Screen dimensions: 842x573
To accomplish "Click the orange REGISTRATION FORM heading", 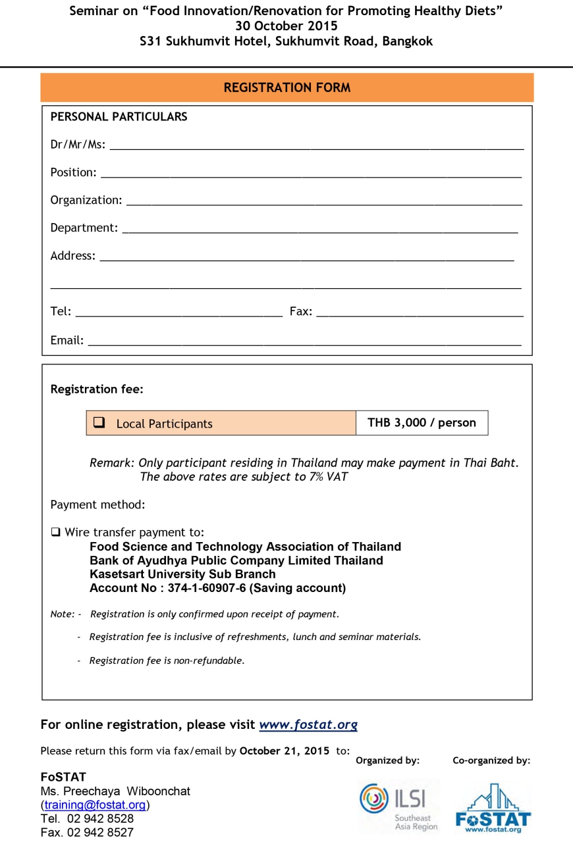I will [287, 87].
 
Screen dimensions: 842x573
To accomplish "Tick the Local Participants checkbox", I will [99, 423].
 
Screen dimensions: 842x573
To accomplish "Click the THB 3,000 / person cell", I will [422, 422].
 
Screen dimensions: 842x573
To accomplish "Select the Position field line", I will [311, 175].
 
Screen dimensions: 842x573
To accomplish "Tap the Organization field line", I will [324, 203].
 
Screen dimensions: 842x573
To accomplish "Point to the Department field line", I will [320, 230].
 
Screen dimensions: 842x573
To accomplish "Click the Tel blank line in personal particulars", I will [178, 314].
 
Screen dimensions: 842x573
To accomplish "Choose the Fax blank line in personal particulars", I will [420, 314].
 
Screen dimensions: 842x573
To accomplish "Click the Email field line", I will [304, 343].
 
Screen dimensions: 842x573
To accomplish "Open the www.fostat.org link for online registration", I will [308, 725].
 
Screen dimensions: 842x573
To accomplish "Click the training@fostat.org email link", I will [95, 805].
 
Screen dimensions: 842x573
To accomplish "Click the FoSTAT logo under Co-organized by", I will [493, 808].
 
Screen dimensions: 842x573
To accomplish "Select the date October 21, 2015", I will [285, 751].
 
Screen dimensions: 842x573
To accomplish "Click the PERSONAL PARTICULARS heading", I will [119, 116].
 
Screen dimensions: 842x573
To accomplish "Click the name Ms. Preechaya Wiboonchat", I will [115, 791].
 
